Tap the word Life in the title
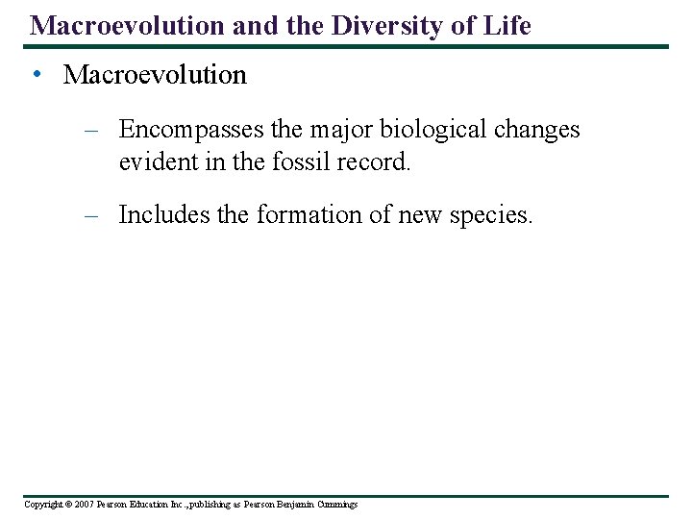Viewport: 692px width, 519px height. (x=508, y=26)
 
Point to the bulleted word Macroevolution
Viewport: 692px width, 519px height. (x=155, y=75)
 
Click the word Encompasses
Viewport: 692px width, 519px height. (x=189, y=130)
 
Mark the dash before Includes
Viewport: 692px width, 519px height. (x=92, y=216)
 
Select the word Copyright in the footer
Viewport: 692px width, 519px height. (x=41, y=505)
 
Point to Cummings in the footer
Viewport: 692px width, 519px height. (x=335, y=505)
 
